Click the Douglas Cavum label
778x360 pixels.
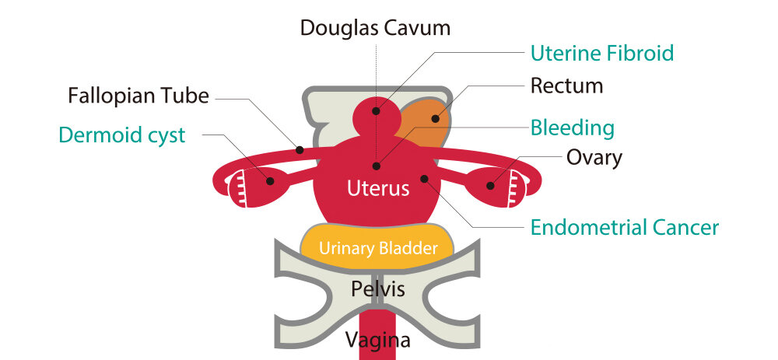coord(376,29)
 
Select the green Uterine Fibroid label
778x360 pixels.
coord(601,53)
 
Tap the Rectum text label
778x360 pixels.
coord(566,85)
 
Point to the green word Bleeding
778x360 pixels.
coord(572,127)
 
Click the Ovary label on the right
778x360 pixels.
coord(594,158)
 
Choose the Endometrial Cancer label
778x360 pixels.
coord(624,227)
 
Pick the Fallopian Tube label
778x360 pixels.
coord(138,96)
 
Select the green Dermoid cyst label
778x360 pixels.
coord(122,135)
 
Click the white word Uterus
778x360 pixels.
coord(378,187)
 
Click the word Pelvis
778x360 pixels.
coord(378,289)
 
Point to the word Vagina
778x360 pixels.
coord(378,340)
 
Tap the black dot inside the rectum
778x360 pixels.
coord(436,120)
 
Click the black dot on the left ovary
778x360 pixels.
coord(270,181)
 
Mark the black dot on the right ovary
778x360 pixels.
coord(490,185)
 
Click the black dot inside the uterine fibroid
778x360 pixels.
coord(376,110)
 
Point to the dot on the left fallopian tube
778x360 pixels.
coord(299,149)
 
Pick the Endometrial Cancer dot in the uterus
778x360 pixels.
coord(425,178)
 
